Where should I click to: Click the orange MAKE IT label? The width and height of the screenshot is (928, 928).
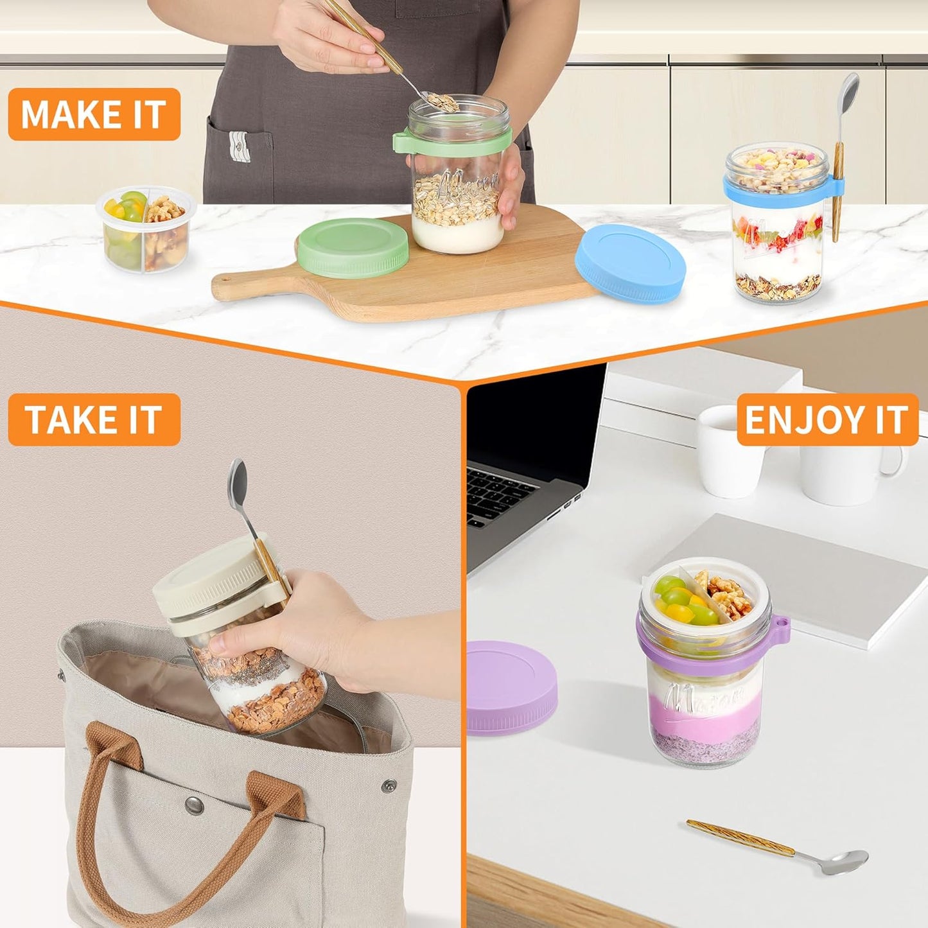(x=94, y=114)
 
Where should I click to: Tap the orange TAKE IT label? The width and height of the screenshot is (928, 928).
(x=94, y=419)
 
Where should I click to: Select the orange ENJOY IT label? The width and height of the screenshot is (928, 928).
(x=827, y=419)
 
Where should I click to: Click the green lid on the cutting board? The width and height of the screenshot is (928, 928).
(x=353, y=247)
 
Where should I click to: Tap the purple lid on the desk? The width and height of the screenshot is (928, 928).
(x=511, y=687)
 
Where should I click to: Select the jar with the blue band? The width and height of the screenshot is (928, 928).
(x=778, y=225)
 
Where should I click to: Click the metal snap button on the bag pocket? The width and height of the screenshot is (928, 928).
(x=193, y=803)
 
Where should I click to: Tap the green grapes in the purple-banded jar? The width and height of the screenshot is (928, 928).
(x=681, y=600)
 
